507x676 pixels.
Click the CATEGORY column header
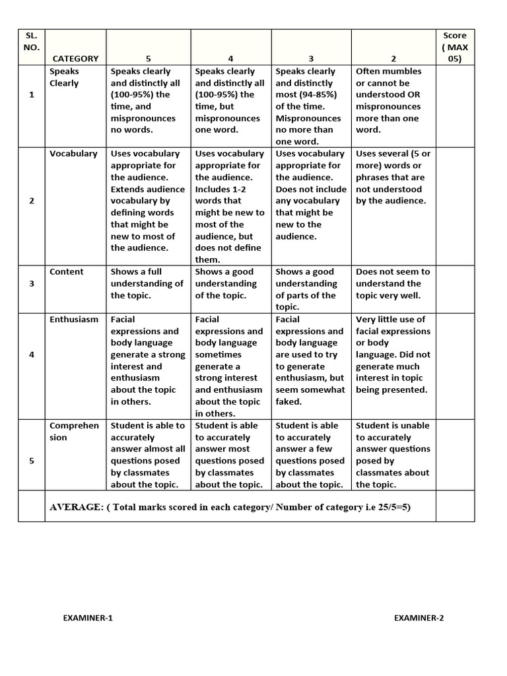pos(75,58)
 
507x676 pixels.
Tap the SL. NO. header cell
pos(31,42)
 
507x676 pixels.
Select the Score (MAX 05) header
pos(454,47)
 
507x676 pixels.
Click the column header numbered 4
pos(231,58)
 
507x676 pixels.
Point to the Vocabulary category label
pos(73,154)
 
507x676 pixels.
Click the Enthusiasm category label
pos(74,320)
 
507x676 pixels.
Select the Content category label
pos(67,272)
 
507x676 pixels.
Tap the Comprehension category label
pos(74,432)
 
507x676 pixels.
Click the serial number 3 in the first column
pos(31,284)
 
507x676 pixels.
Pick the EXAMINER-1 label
pos(88,619)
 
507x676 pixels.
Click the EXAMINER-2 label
pos(419,619)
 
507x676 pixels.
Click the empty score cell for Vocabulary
pos(455,207)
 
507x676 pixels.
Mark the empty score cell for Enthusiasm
pos(455,366)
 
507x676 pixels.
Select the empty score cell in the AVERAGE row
pos(455,506)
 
